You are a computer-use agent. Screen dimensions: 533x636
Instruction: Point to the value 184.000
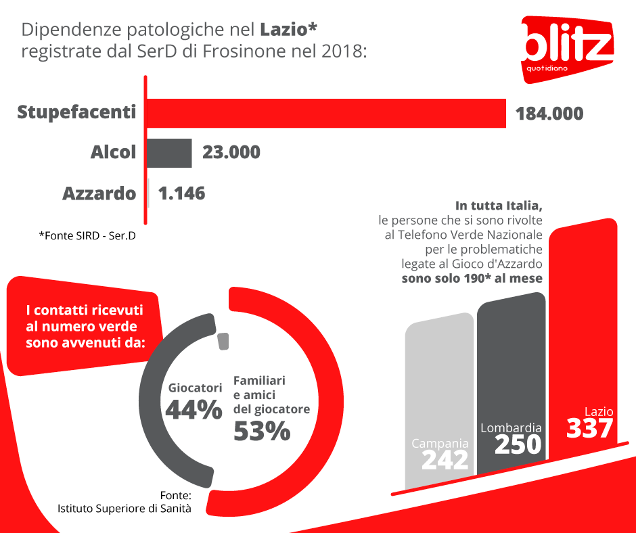point(549,114)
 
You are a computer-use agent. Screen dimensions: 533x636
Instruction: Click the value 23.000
point(231,152)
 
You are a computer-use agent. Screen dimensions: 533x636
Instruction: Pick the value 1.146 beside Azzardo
point(181,193)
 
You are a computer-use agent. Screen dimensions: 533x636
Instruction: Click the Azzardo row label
point(99,193)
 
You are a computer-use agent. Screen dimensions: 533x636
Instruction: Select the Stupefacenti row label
point(76,112)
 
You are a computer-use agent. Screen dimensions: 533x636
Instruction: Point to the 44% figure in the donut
point(194,410)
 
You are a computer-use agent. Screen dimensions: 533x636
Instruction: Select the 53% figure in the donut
point(262,431)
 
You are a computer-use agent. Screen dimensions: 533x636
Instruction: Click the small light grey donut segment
point(223,342)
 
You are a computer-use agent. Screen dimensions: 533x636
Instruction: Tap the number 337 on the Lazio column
point(589,429)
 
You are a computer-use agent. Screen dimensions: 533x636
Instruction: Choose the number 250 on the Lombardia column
point(518,444)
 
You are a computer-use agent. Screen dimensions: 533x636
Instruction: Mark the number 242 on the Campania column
point(445,460)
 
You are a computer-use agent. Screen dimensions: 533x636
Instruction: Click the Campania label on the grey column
point(440,444)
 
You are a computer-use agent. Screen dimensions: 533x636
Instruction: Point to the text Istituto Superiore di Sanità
point(124,508)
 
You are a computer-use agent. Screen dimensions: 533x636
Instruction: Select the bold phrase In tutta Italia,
point(499,205)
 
